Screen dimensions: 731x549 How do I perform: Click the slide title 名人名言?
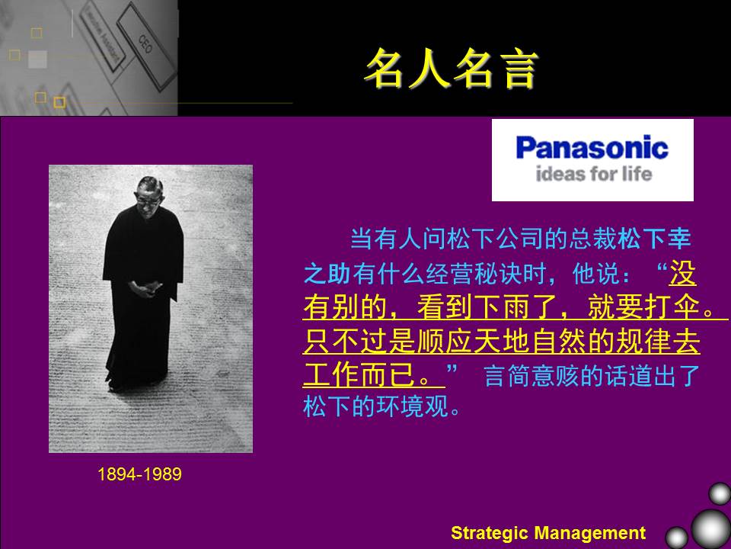[451, 69]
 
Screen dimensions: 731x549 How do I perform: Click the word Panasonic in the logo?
[592, 147]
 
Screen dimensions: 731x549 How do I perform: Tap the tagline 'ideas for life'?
[593, 174]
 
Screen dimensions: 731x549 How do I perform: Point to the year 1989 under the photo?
[162, 474]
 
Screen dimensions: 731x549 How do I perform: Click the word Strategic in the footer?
[490, 533]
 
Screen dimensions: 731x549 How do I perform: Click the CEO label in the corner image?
[145, 44]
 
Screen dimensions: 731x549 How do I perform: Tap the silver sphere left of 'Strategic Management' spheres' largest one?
[676, 538]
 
